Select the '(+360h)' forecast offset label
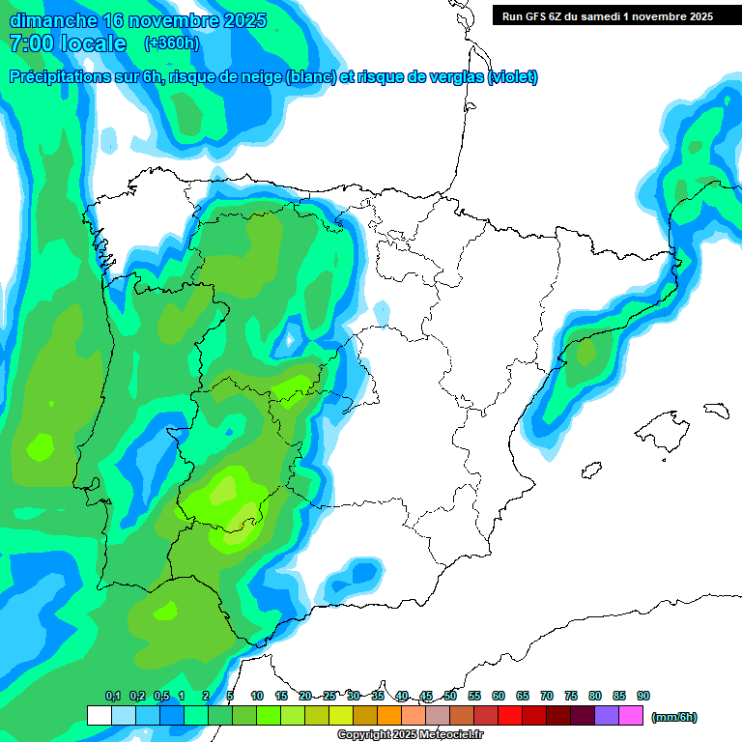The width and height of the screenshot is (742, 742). (172, 43)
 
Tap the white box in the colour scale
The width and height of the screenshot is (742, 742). (99, 716)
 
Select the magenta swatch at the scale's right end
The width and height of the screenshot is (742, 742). (631, 716)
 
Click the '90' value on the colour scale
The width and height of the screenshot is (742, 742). (643, 696)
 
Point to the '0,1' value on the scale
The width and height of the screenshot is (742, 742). (113, 696)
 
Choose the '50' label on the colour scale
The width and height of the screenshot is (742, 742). (450, 696)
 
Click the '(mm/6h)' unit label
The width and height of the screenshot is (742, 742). (674, 717)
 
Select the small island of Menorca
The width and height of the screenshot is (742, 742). (716, 410)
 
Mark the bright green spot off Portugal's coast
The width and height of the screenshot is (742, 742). (42, 446)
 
